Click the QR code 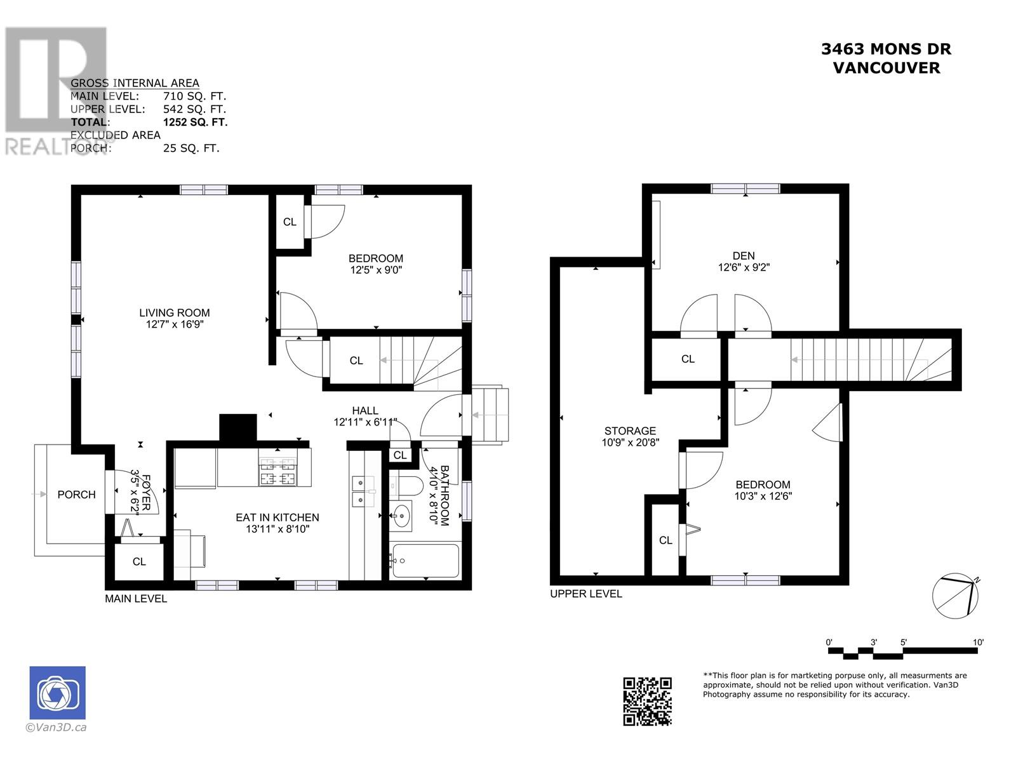[x=647, y=701]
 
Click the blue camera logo [x=57, y=693]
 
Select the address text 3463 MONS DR [x=886, y=49]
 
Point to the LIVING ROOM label [x=174, y=312]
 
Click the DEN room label [x=744, y=256]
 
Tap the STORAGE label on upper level [x=630, y=431]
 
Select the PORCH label [x=76, y=495]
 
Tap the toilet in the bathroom [x=407, y=487]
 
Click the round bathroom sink [x=401, y=515]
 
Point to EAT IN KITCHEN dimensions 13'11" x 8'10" [x=277, y=529]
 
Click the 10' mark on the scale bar [x=978, y=643]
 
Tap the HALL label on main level [x=365, y=411]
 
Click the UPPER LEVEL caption [x=585, y=594]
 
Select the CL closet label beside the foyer [x=139, y=561]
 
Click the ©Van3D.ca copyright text [x=56, y=728]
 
